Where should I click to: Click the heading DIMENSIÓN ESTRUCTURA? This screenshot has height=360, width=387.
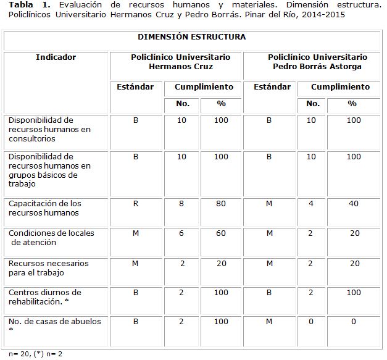click(191, 37)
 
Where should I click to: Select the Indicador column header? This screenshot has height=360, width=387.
click(56, 57)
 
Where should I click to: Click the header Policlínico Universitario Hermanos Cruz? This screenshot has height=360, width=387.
click(181, 62)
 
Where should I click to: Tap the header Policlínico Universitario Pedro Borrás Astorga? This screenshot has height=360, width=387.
click(318, 62)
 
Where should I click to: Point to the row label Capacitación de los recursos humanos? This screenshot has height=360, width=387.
click(44, 208)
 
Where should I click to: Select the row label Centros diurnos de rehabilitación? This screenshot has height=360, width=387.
click(44, 297)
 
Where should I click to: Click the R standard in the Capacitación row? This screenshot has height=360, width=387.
click(136, 204)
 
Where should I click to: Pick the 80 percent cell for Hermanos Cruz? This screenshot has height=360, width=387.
click(221, 204)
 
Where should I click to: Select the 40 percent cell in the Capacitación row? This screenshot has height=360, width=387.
click(354, 204)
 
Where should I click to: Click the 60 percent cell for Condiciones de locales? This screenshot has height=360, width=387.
click(221, 233)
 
